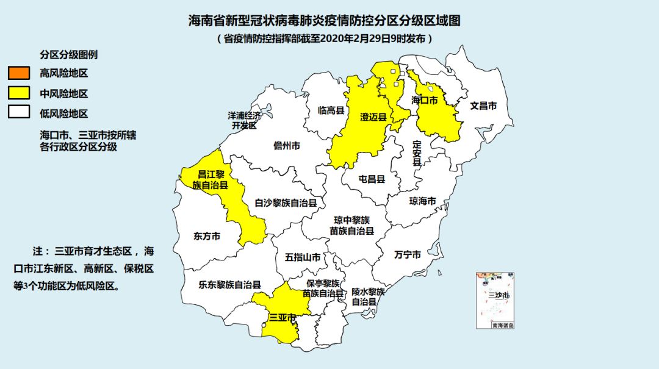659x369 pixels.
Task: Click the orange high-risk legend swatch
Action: point(19,73)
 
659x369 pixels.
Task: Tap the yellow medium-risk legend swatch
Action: point(19,93)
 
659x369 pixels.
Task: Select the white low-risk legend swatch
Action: point(19,113)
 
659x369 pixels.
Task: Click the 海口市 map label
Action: point(425,100)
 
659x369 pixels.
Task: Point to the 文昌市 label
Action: point(483,106)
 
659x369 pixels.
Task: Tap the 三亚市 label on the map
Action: point(283,317)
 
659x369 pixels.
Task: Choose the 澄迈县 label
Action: point(374,118)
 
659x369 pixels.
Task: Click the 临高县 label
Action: point(332,110)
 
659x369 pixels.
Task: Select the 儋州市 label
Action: point(287,146)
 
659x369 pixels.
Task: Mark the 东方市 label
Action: point(207,236)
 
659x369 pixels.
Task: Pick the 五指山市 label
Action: point(303,257)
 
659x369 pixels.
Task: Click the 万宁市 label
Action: point(408,254)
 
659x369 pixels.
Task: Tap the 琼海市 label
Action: point(422,201)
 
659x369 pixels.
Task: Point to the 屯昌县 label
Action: point(372,179)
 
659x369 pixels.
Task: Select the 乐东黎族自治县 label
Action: point(230,284)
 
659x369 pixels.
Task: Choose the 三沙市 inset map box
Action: point(496,300)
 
